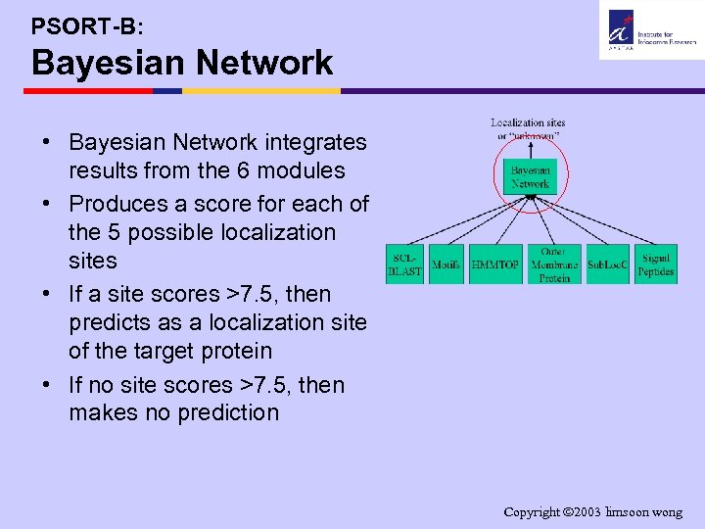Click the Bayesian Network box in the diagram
[530, 177]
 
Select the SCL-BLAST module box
[404, 264]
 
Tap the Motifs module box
[446, 264]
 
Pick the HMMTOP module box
[495, 264]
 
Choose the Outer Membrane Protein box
[554, 264]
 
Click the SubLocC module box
[607, 264]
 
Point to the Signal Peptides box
[656, 264]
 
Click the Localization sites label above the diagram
[528, 128]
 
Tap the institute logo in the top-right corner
[650, 29]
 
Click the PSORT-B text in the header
[87, 23]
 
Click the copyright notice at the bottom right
[592, 512]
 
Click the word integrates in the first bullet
[317, 143]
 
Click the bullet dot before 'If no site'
[46, 385]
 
